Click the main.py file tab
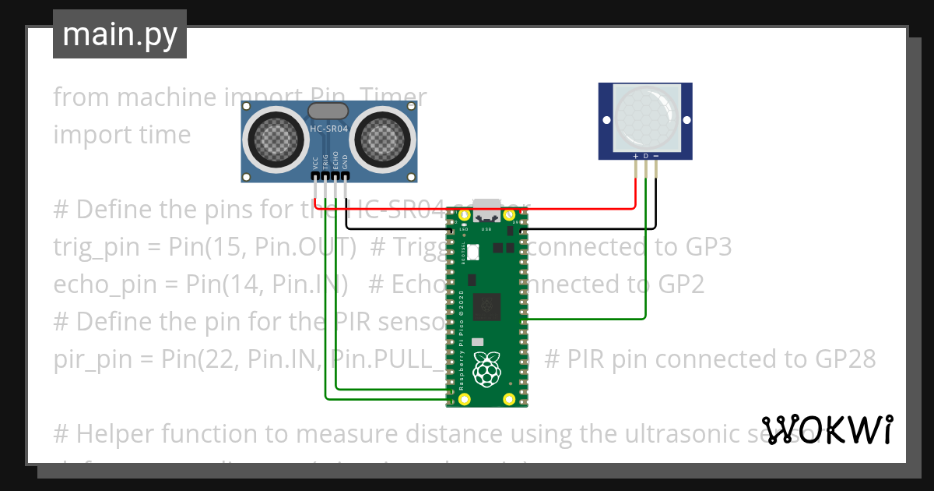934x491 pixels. (x=119, y=34)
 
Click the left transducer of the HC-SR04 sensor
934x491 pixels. (x=272, y=140)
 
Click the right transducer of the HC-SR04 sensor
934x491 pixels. (x=383, y=140)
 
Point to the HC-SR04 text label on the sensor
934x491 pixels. (x=328, y=129)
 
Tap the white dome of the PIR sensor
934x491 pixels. (x=645, y=118)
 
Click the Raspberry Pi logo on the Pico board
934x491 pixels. (x=487, y=369)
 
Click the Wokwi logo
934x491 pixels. (x=827, y=429)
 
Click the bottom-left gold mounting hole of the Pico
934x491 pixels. (x=465, y=400)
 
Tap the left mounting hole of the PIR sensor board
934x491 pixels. (x=605, y=120)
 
